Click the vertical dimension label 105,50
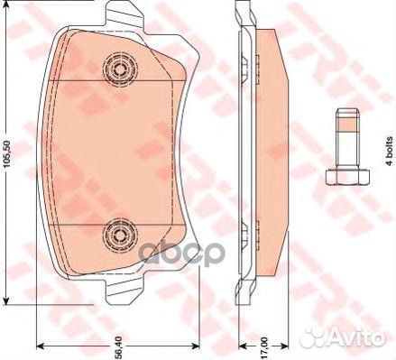click(x=8, y=159)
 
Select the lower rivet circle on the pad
click(x=118, y=235)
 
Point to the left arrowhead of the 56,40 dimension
click(x=41, y=346)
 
